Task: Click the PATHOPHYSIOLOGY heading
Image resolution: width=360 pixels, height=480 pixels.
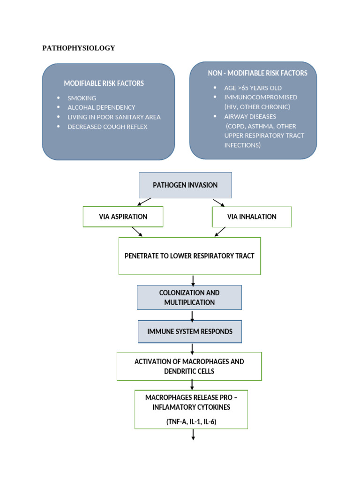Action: pos(78,48)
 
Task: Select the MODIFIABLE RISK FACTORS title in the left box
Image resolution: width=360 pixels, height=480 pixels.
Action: pos(104,83)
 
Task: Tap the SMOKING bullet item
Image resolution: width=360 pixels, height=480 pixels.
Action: pos(82,98)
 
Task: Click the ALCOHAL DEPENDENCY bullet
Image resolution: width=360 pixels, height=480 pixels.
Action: pos(101,107)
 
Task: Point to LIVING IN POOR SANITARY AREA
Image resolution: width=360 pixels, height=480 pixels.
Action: pos(114,117)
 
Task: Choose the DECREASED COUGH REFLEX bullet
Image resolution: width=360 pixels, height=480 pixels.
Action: pos(107,127)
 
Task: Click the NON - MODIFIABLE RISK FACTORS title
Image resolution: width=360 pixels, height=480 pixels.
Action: pos(257,73)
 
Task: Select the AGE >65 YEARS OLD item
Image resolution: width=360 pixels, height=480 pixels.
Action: pos(253,88)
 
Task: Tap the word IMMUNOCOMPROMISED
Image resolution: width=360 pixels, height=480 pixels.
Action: pos(260,97)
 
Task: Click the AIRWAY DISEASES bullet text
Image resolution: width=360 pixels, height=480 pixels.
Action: pos(250,116)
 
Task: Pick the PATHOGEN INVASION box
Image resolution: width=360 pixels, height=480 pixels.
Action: pos(185,185)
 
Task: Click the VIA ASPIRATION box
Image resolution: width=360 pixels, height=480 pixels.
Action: pos(123,217)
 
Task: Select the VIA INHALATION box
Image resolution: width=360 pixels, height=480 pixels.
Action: pos(252,217)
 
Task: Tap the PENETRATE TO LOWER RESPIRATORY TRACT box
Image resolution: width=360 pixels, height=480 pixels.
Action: pos(189,256)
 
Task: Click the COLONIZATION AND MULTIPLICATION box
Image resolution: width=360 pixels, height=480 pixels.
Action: pos(189,297)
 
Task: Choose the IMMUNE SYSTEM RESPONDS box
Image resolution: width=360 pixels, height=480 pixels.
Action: pos(189,331)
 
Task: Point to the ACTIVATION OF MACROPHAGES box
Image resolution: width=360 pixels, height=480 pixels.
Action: pos(189,366)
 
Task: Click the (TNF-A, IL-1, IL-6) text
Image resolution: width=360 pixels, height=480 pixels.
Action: pos(191,422)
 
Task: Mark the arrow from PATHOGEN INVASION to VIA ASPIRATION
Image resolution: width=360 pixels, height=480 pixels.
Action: pos(144,202)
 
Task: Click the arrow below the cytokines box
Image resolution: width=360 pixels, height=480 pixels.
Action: pos(193,435)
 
